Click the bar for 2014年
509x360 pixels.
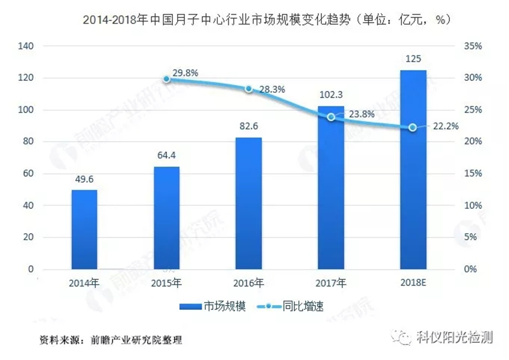coord(84,229)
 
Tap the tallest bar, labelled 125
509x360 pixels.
coord(413,170)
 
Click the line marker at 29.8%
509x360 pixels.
coord(167,79)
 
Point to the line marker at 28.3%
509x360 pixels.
coord(249,89)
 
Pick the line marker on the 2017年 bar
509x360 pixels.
coord(331,117)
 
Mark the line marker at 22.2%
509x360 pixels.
coord(413,127)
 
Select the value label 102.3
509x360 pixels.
coord(331,98)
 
